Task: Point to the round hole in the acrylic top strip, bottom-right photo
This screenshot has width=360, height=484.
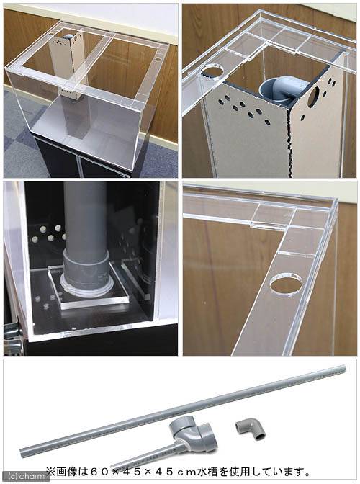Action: click(x=286, y=284)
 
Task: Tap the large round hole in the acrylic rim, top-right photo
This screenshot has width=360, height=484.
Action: click(x=212, y=72)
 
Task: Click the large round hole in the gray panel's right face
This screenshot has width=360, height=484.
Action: click(x=315, y=96)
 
